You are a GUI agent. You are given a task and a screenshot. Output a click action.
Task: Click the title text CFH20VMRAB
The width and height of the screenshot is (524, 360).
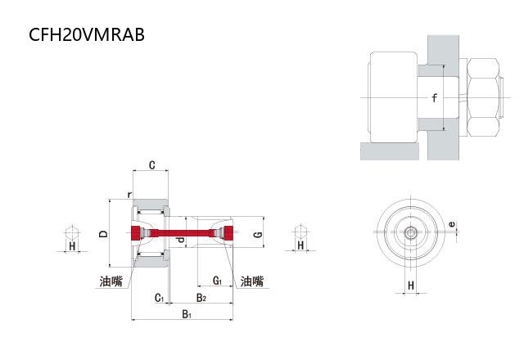pyautogui.click(x=87, y=34)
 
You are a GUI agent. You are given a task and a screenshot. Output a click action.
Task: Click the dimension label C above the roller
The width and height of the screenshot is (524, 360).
pyautogui.click(x=151, y=165)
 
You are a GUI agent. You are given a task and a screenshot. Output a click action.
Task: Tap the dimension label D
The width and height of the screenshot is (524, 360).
pyautogui.click(x=104, y=233)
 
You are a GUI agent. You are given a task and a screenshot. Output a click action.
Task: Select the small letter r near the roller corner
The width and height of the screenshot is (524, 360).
pyautogui.click(x=129, y=195)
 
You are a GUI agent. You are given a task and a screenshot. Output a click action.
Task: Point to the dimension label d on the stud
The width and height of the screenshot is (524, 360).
pyautogui.click(x=180, y=240)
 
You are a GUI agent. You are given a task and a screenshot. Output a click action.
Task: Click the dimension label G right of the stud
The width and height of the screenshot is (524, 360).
pyautogui.click(x=258, y=235)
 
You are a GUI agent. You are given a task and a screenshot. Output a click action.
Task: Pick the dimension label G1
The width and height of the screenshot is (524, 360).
pyautogui.click(x=217, y=281)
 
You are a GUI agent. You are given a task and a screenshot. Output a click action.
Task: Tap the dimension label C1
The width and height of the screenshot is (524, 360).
pyautogui.click(x=159, y=298)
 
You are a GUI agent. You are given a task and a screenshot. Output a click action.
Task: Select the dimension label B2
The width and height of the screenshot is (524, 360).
pyautogui.click(x=201, y=298)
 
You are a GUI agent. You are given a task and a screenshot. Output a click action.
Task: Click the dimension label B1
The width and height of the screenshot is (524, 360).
pyautogui.click(x=187, y=314)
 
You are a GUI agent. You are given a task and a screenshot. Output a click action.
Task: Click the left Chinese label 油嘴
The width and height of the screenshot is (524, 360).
pyautogui.click(x=111, y=281)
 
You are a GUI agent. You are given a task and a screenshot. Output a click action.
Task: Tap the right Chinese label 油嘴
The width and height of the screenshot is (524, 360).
pyautogui.click(x=252, y=281)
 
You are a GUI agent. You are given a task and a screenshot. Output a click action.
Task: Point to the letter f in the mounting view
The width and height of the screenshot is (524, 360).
pyautogui.click(x=434, y=98)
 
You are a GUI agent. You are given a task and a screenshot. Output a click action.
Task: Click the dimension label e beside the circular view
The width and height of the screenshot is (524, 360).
pyautogui.click(x=451, y=224)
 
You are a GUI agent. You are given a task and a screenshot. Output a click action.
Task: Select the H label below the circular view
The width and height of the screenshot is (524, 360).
pyautogui.click(x=411, y=286)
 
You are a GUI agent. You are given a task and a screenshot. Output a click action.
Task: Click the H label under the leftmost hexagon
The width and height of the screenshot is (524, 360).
pyautogui.click(x=72, y=246)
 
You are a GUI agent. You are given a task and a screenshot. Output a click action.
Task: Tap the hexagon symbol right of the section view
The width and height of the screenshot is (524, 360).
pyautogui.click(x=300, y=232)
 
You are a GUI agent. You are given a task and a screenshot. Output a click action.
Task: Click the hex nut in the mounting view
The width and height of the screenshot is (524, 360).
pyautogui.click(x=483, y=97)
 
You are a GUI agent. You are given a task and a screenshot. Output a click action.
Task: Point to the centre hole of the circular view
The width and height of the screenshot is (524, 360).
pyautogui.click(x=410, y=232)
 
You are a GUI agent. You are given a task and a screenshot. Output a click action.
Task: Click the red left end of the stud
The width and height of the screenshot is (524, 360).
pyautogui.click(x=137, y=233)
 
